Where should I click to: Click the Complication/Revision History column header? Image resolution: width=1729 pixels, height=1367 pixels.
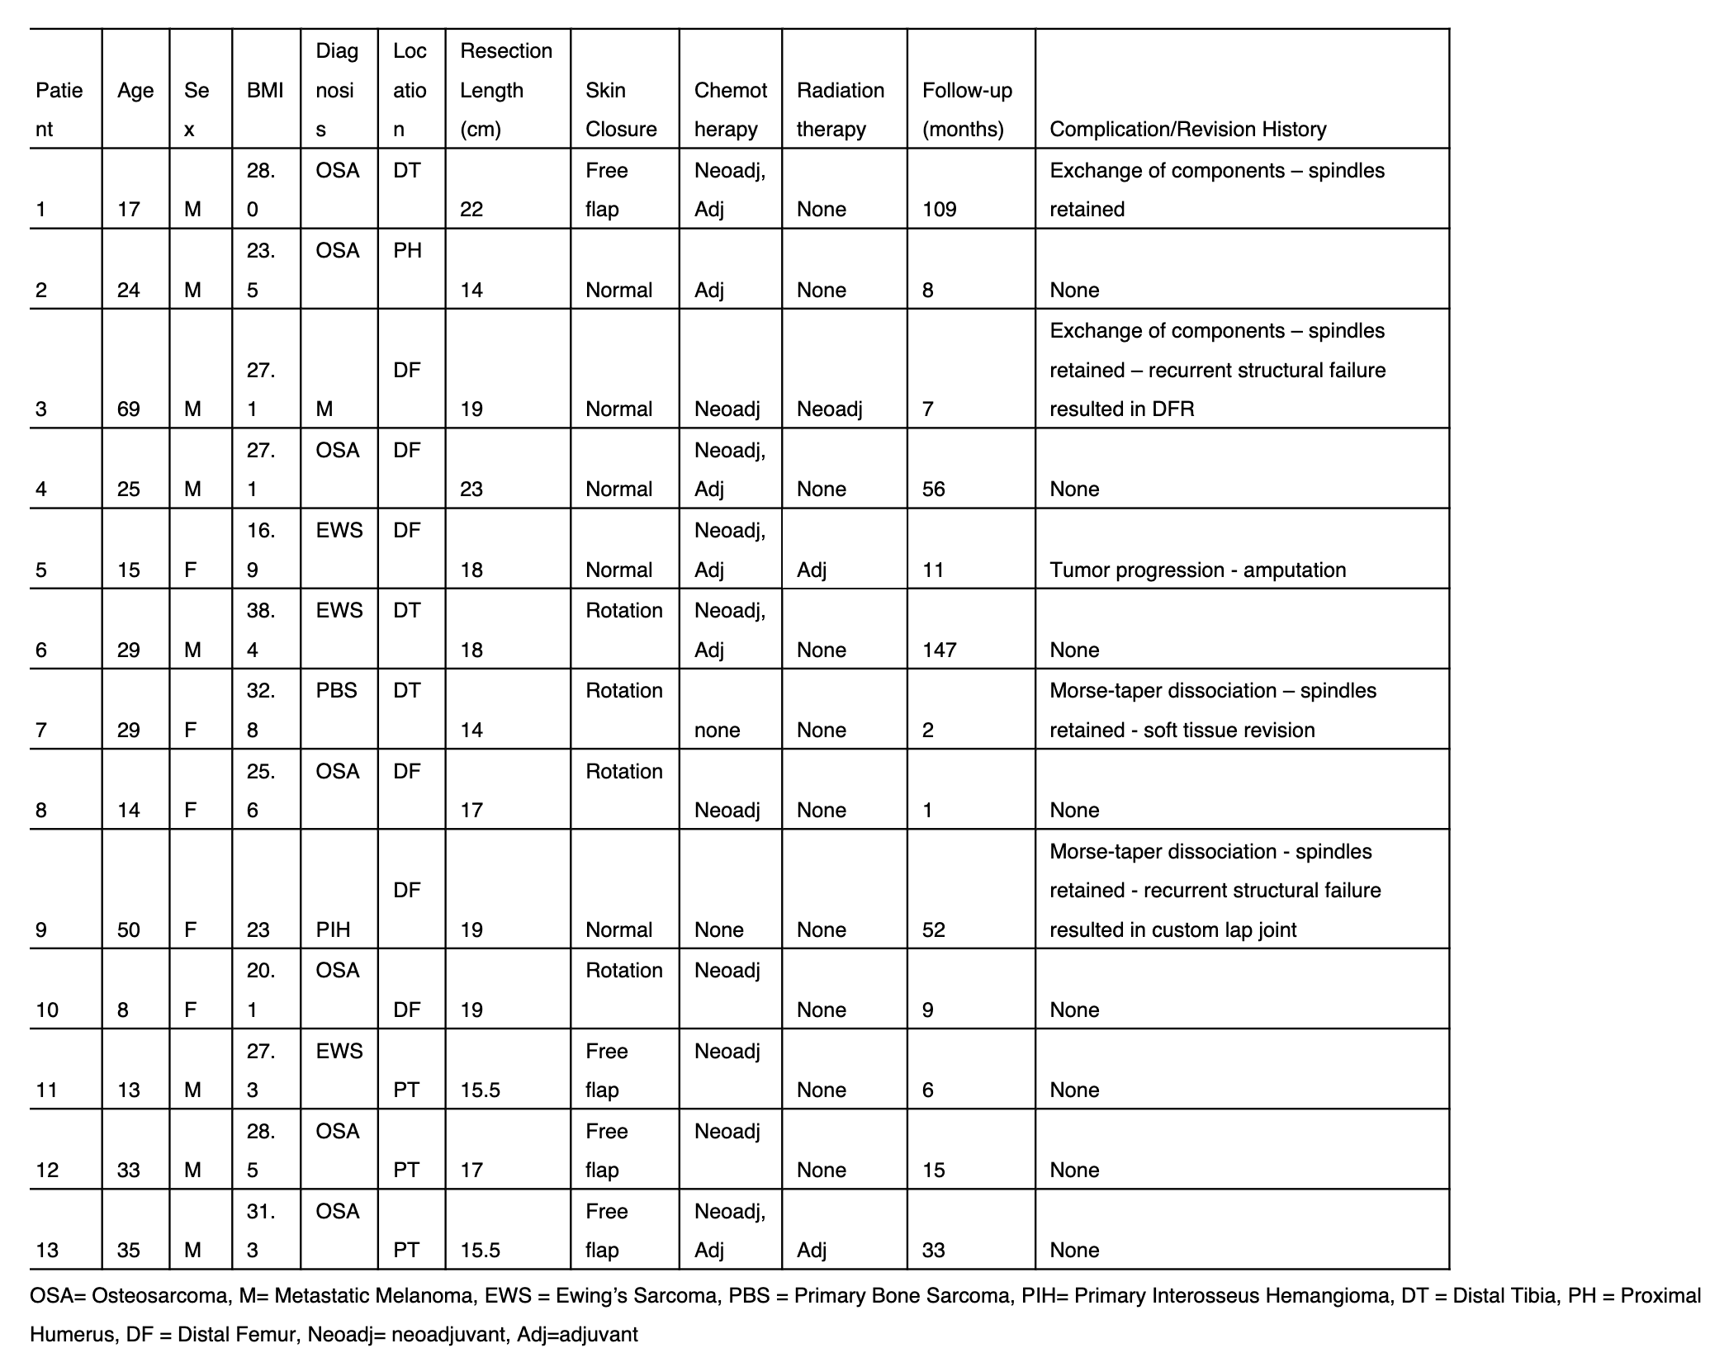1187,130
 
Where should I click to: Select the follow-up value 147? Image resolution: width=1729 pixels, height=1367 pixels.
939,650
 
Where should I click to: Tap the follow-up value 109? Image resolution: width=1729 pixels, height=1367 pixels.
939,210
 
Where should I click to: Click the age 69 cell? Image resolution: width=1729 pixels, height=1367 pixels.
129,409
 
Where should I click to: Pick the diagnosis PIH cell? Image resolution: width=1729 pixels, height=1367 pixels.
333,930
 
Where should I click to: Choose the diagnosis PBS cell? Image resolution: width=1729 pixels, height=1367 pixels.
336,691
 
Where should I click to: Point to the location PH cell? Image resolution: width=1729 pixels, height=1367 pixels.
407,251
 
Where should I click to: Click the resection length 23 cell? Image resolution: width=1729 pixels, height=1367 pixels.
471,490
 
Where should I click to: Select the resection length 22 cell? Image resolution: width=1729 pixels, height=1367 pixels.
471,210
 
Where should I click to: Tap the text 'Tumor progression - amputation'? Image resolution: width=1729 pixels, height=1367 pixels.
1197,570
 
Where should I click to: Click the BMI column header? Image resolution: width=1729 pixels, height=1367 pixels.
265,91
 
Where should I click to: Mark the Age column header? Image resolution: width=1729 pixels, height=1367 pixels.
135,91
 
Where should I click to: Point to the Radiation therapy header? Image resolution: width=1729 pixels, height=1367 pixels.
840,110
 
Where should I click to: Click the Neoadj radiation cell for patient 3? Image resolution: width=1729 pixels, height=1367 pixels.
829,409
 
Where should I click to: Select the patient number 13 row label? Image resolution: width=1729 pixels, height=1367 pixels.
47,1251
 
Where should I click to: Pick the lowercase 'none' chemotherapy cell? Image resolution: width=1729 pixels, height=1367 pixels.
717,731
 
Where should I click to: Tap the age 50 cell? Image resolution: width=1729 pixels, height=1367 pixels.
129,930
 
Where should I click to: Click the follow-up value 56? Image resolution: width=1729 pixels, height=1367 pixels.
933,490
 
